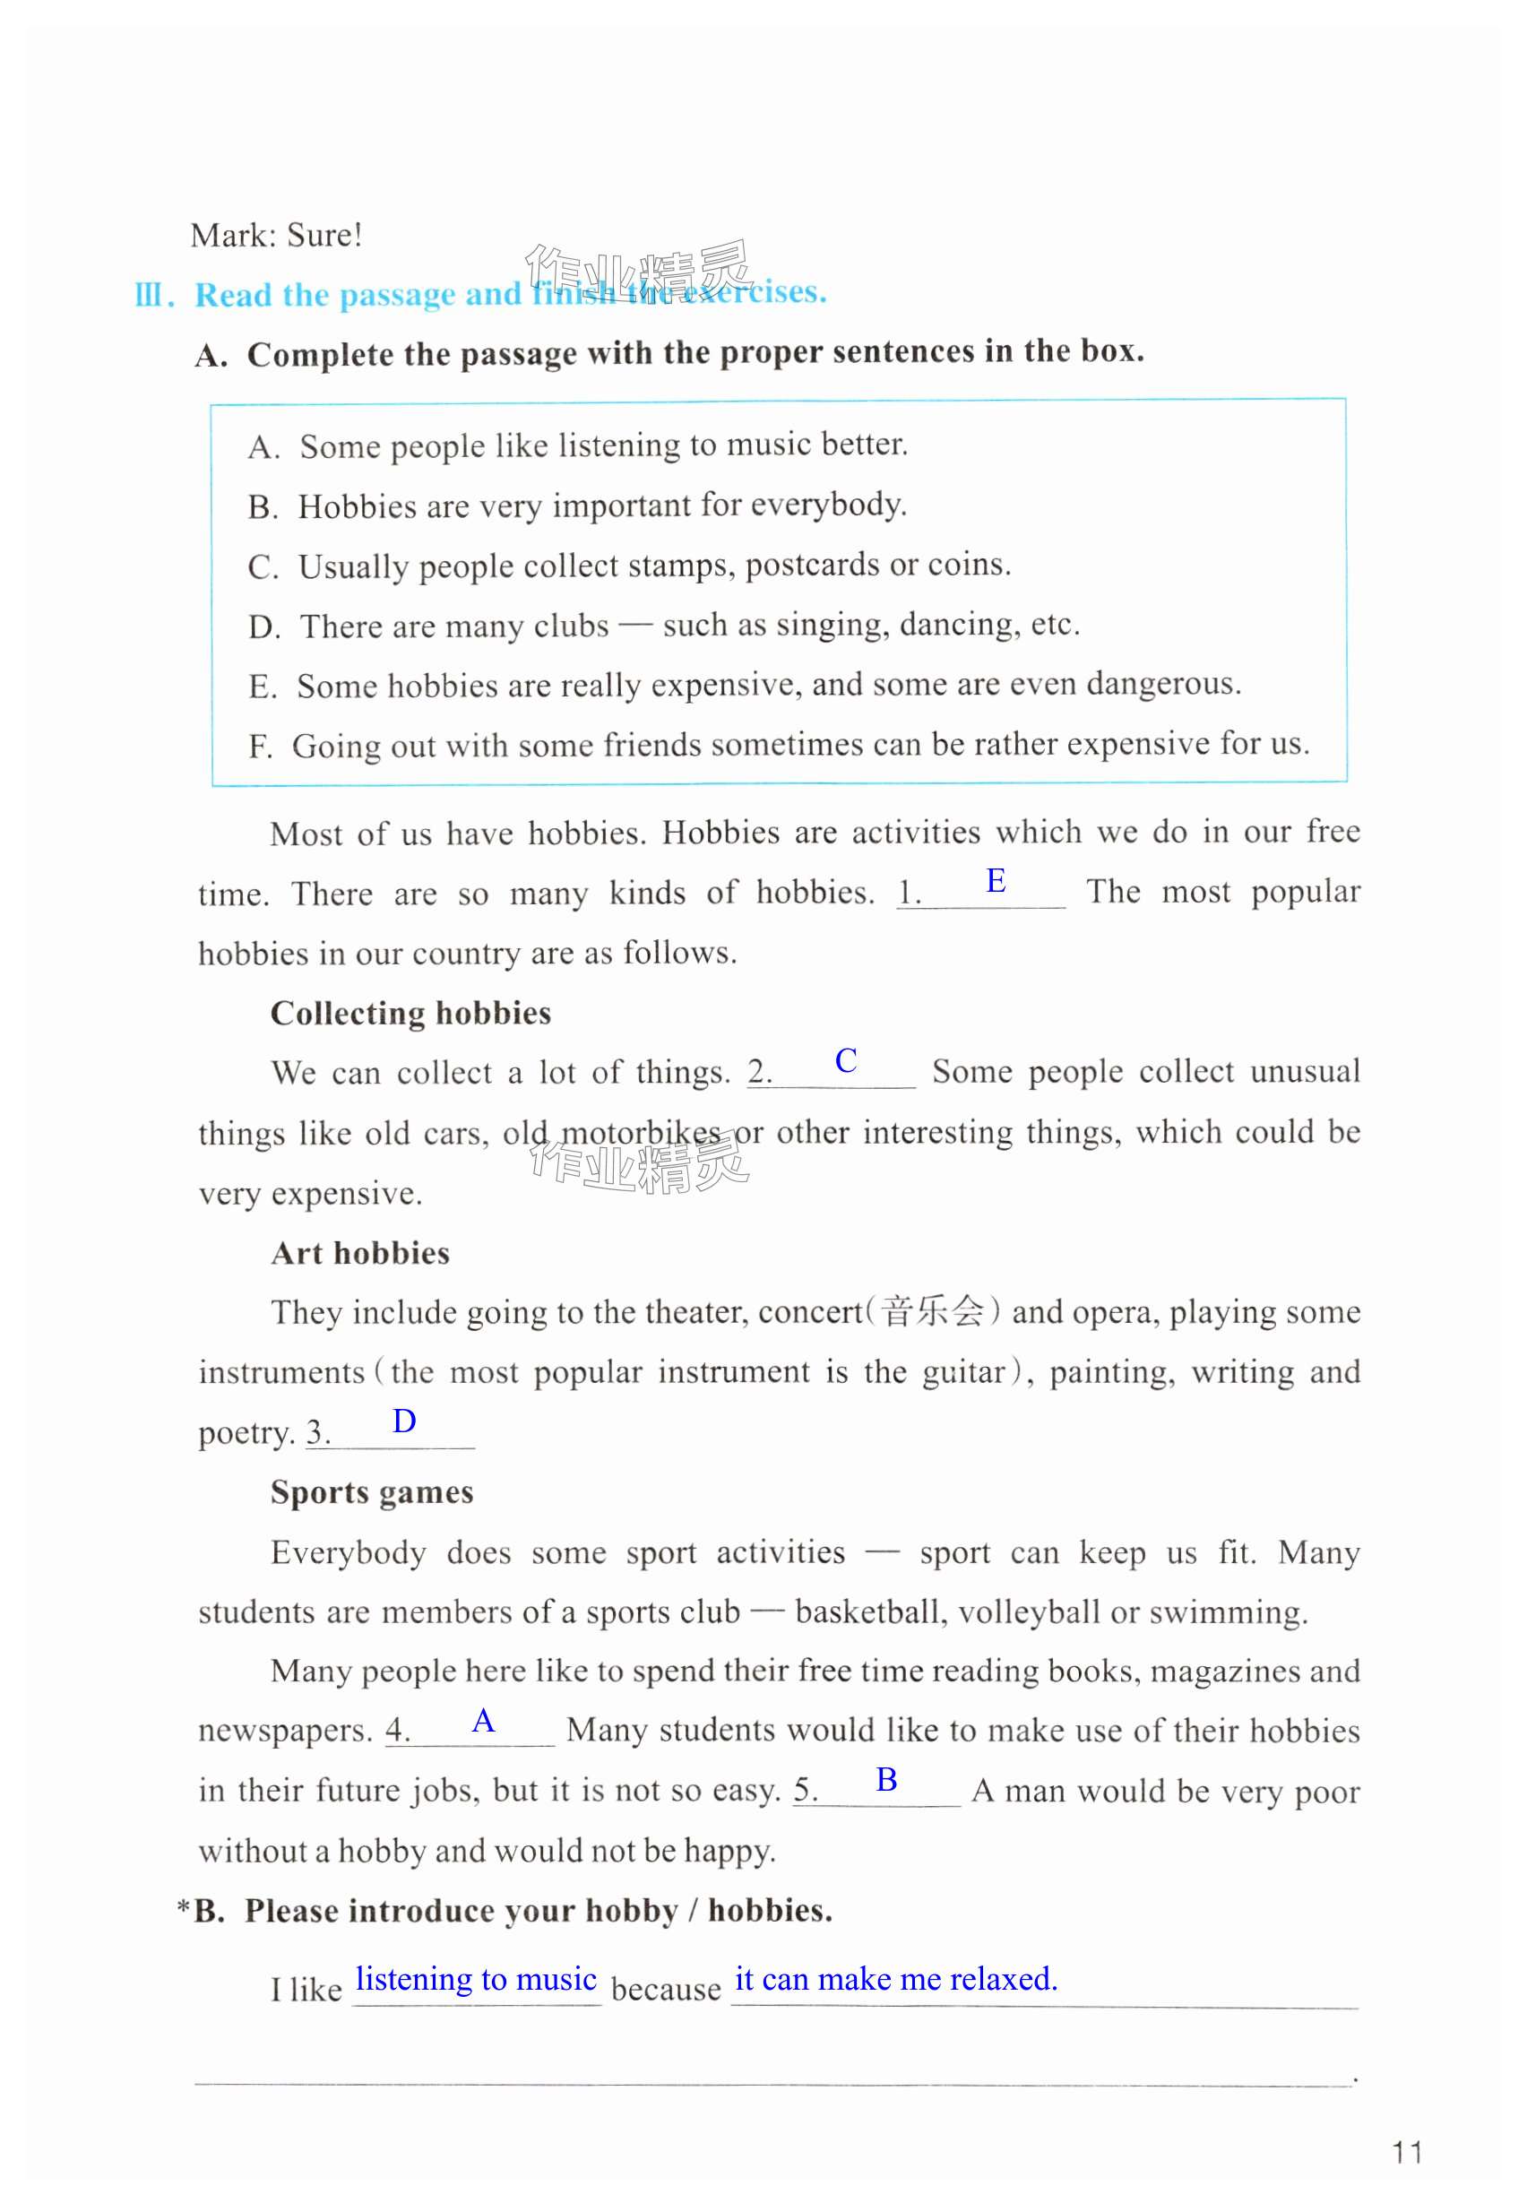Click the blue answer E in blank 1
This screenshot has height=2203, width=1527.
pos(995,880)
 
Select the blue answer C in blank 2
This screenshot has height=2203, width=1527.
pos(845,1060)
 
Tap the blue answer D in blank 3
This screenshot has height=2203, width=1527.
pos(404,1421)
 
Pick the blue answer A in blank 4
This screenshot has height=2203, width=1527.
pos(483,1722)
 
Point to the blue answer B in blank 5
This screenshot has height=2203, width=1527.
pos(886,1780)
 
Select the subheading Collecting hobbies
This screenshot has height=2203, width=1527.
pos(410,1013)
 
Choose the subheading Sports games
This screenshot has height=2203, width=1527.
pos(371,1492)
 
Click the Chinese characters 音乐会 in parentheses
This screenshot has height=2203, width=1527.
pos(932,1311)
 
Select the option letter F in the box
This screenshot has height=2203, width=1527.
pos(258,746)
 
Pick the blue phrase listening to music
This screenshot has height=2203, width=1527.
pos(476,1978)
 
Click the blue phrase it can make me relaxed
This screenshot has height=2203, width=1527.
pos(895,1978)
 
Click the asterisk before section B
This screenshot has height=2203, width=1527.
pos(183,1909)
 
